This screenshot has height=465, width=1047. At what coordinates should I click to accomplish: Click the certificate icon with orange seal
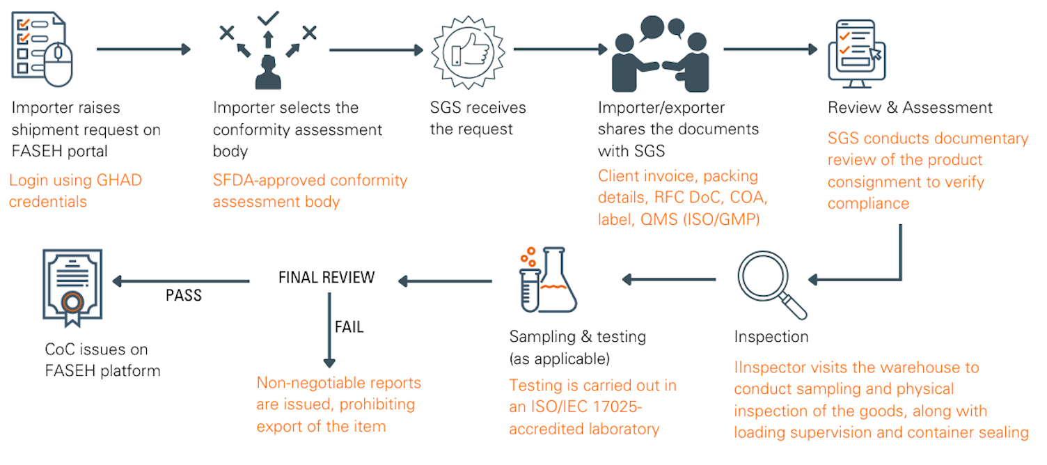pyautogui.click(x=72, y=285)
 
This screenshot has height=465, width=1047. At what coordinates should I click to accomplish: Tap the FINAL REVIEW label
pyautogui.click(x=326, y=278)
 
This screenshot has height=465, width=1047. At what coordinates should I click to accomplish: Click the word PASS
pyautogui.click(x=184, y=295)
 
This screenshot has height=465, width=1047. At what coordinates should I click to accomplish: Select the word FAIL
pyautogui.click(x=349, y=326)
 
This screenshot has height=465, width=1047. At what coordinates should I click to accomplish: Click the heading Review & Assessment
pyautogui.click(x=910, y=108)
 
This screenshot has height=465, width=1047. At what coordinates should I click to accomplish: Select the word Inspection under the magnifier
pyautogui.click(x=771, y=337)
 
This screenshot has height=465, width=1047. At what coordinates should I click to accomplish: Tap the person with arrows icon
pyautogui.click(x=268, y=52)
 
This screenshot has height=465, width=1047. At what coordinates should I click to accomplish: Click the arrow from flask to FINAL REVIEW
pyautogui.click(x=445, y=281)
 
